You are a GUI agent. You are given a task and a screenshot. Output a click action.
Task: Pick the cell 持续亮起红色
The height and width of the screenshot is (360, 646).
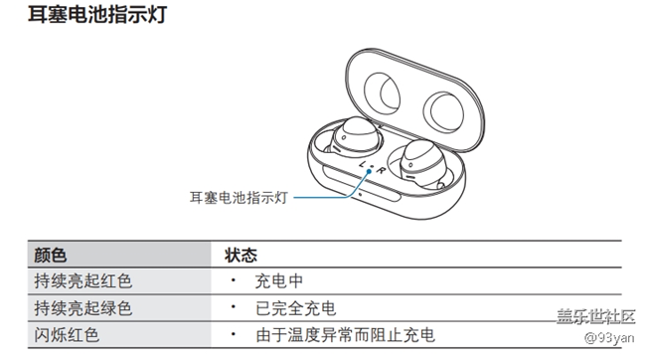click(x=82, y=282)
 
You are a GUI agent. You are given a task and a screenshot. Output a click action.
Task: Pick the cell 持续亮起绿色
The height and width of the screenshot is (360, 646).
click(x=82, y=308)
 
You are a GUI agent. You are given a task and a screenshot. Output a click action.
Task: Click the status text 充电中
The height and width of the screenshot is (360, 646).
click(x=278, y=282)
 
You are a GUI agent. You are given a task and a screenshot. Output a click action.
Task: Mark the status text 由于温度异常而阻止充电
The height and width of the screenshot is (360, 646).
click(x=345, y=335)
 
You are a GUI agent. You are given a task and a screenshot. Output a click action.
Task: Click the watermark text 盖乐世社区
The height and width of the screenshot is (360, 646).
click(x=594, y=316)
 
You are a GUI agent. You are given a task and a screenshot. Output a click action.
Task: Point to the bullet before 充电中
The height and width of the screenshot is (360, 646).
click(x=231, y=282)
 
